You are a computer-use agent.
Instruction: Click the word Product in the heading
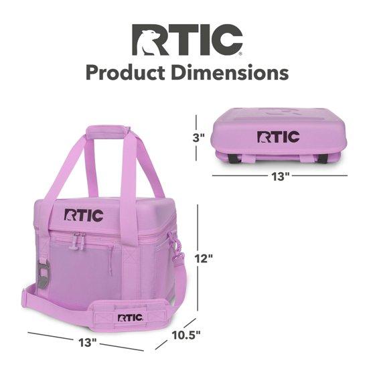pyautogui.click(x=125, y=73)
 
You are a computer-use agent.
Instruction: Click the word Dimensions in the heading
pyautogui.click(x=230, y=72)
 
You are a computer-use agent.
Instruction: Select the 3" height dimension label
pyautogui.click(x=198, y=138)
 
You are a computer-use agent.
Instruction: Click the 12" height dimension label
pyautogui.click(x=204, y=258)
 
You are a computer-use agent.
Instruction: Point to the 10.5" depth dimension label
pyautogui.click(x=186, y=335)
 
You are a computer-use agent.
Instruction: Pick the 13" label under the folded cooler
pyautogui.click(x=280, y=177)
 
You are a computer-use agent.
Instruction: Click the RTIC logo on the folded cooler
pyautogui.click(x=278, y=137)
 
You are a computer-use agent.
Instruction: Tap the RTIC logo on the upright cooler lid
pyautogui.click(x=84, y=215)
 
